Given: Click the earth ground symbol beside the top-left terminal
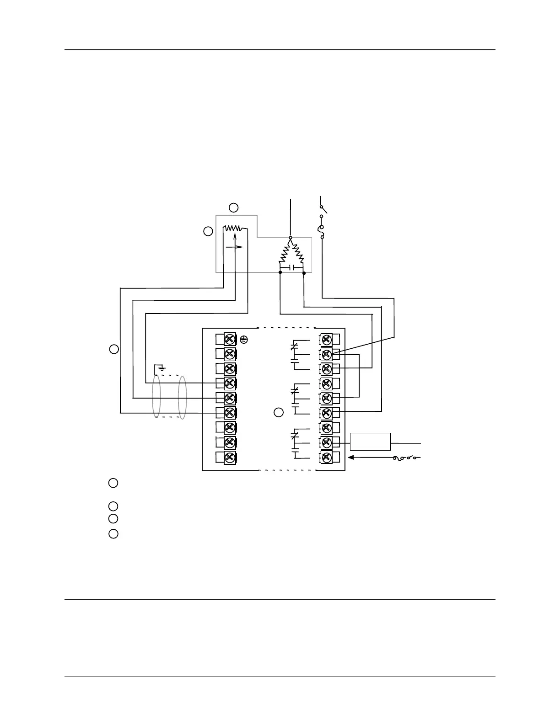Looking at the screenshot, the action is click(244, 339).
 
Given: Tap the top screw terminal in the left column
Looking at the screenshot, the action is click(230, 339).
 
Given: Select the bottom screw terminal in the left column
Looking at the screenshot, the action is click(230, 457).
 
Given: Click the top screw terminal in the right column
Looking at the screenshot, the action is click(327, 339).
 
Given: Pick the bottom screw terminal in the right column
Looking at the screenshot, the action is click(327, 457).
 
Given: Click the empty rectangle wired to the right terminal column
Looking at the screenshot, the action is click(371, 442).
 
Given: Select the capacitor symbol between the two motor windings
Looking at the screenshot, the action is click(292, 267).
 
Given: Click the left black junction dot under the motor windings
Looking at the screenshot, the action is click(280, 273).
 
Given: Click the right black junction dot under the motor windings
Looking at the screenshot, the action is click(304, 273).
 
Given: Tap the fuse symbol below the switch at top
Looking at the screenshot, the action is click(322, 231).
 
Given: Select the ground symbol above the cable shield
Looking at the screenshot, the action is click(161, 367).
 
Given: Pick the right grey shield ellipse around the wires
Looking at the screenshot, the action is click(183, 397).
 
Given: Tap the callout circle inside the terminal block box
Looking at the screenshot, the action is click(279, 412).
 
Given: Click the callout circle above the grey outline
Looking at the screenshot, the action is click(234, 208).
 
